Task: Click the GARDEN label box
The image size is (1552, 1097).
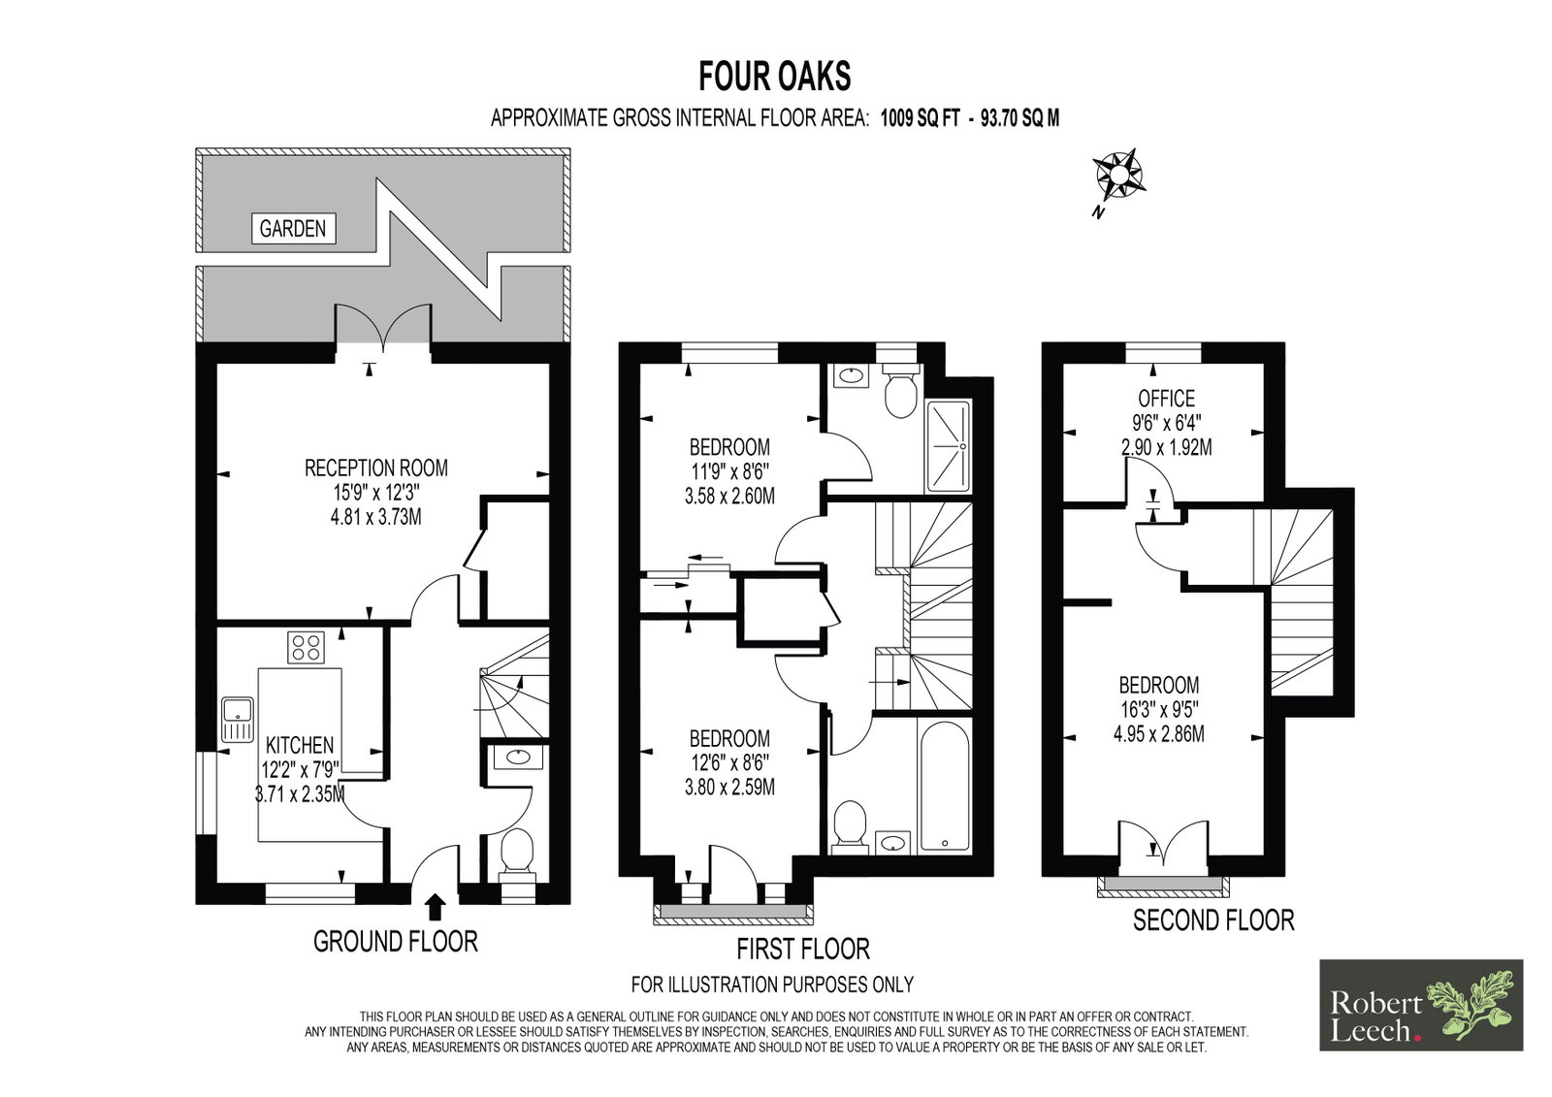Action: tap(293, 228)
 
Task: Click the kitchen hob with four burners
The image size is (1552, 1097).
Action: tap(307, 647)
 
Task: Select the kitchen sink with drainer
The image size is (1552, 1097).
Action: tap(238, 720)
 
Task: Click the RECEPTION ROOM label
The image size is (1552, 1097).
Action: tap(376, 468)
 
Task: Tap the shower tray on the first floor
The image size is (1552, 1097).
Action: tap(948, 445)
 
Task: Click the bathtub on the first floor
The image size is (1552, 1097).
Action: tap(944, 785)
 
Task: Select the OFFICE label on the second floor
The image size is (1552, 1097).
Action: tap(1167, 399)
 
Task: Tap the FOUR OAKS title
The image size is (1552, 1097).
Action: tap(775, 77)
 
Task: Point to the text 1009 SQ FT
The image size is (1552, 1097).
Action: tap(921, 118)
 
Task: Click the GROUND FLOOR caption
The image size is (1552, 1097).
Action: tap(396, 942)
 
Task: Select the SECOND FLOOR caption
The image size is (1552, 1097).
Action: tap(1213, 920)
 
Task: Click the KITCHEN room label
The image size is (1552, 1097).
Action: tap(300, 746)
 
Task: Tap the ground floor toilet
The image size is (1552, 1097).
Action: tap(516, 856)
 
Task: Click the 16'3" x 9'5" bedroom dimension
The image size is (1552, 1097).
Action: tap(1159, 709)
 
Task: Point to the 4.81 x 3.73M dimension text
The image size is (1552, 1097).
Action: tap(376, 517)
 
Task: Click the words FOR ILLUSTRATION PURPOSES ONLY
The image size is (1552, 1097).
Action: tap(772, 984)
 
